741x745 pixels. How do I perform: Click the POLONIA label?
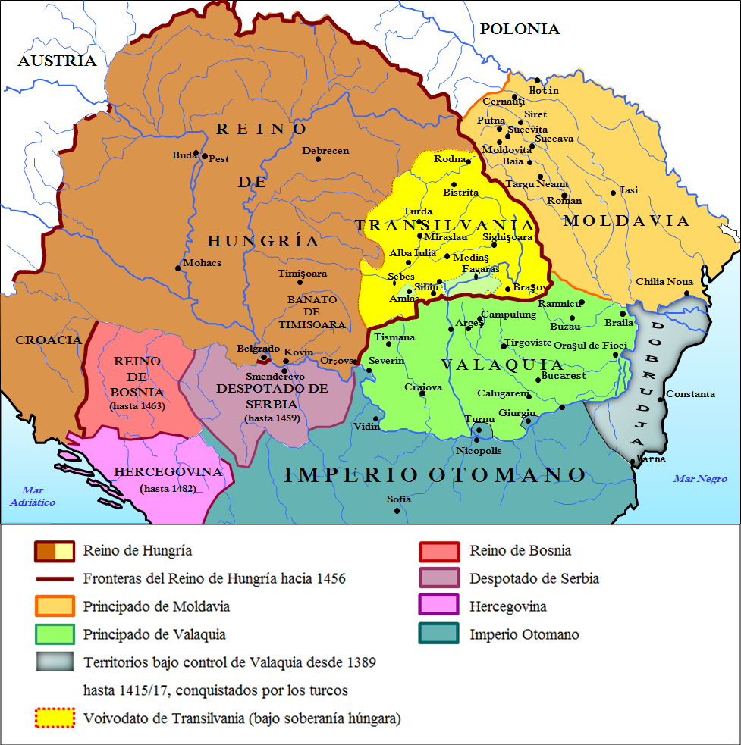[x=520, y=30]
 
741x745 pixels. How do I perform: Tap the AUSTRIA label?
[x=57, y=61]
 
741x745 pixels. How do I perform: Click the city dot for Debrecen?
[x=318, y=159]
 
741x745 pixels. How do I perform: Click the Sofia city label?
[x=399, y=499]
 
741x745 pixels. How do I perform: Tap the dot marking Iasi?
[x=613, y=193]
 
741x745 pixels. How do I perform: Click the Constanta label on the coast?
[x=690, y=394]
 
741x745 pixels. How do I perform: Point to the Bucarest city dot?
[x=537, y=380]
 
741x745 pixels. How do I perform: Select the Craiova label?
[x=423, y=387]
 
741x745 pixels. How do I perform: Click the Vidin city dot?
[x=375, y=418]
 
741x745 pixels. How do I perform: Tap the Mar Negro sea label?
[x=700, y=478]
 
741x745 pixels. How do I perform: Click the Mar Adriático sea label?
[x=33, y=496]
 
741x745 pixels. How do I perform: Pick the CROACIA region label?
[x=48, y=340]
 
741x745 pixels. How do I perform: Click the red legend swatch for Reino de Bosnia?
[x=439, y=551]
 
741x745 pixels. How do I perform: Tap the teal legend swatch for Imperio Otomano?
[x=439, y=634]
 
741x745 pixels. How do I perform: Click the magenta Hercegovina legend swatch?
[x=439, y=606]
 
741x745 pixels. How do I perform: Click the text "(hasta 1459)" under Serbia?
[x=272, y=418]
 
